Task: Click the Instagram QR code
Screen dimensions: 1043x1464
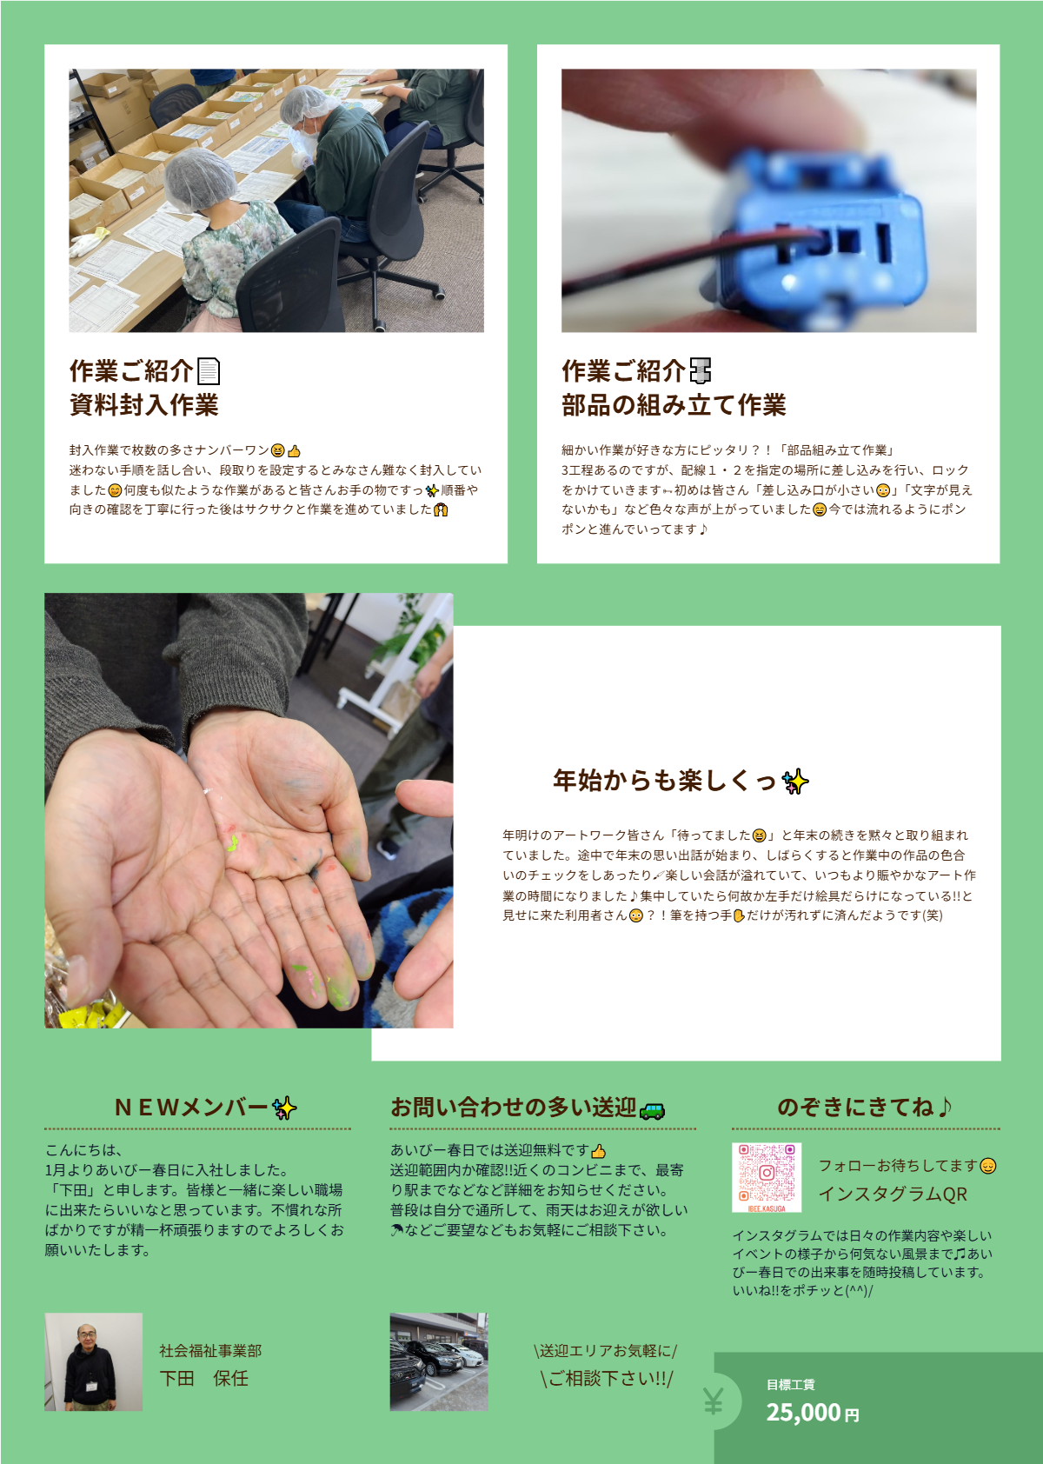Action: click(x=767, y=1177)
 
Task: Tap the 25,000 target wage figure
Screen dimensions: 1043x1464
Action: click(x=803, y=1413)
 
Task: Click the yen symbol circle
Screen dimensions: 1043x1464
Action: click(x=714, y=1401)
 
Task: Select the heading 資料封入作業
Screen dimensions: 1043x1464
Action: click(x=143, y=404)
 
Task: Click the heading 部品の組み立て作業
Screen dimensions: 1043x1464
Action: click(x=673, y=404)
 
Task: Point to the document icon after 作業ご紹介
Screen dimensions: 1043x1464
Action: click(x=209, y=371)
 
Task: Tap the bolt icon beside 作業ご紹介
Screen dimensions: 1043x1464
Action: click(x=701, y=370)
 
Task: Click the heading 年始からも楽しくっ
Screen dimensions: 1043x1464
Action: click(x=665, y=781)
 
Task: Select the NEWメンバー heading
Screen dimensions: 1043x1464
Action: click(x=191, y=1108)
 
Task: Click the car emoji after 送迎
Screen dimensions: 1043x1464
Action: click(x=652, y=1110)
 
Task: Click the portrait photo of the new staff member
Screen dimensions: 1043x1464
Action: click(x=94, y=1361)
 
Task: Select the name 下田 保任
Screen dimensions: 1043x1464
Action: click(x=204, y=1379)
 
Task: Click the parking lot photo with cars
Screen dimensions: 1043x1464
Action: click(x=439, y=1361)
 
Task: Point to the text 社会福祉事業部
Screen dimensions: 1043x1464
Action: click(x=210, y=1350)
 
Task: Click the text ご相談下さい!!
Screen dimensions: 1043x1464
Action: click(x=607, y=1379)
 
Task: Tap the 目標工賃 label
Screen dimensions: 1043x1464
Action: click(x=791, y=1384)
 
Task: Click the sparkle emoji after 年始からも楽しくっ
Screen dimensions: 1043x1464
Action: click(x=795, y=782)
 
